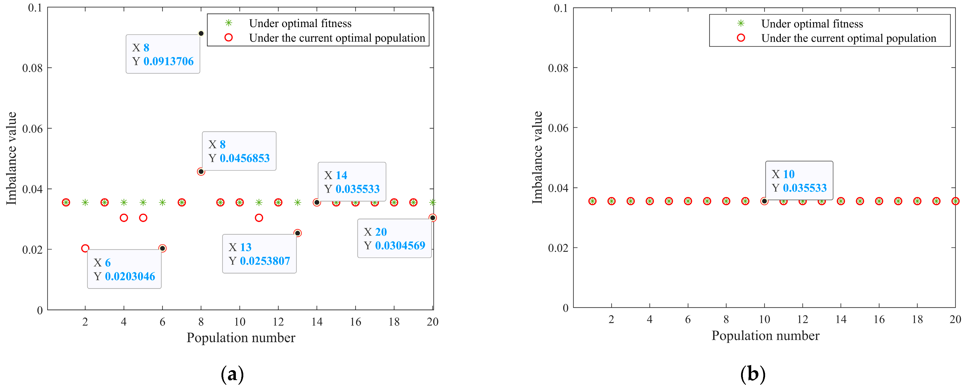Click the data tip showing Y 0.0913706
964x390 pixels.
[x=163, y=54]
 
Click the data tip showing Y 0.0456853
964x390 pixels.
[x=239, y=151]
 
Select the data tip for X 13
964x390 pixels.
[x=259, y=254]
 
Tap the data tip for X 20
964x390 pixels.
[x=394, y=239]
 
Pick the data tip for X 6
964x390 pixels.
[x=124, y=269]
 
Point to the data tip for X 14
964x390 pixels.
[x=352, y=182]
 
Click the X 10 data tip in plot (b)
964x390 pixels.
[x=799, y=181]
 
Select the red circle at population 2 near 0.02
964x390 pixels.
[x=85, y=248]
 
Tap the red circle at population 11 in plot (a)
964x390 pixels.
[x=259, y=218]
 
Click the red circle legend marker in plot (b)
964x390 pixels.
[x=741, y=38]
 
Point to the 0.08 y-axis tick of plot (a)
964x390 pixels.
[x=32, y=68]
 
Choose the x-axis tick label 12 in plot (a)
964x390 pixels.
[x=278, y=322]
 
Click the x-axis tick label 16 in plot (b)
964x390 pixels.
[x=879, y=319]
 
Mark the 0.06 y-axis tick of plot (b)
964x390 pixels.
[x=558, y=128]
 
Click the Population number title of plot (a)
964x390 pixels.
[x=241, y=338]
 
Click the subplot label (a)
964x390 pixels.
[x=232, y=374]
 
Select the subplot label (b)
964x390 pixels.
[x=753, y=374]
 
